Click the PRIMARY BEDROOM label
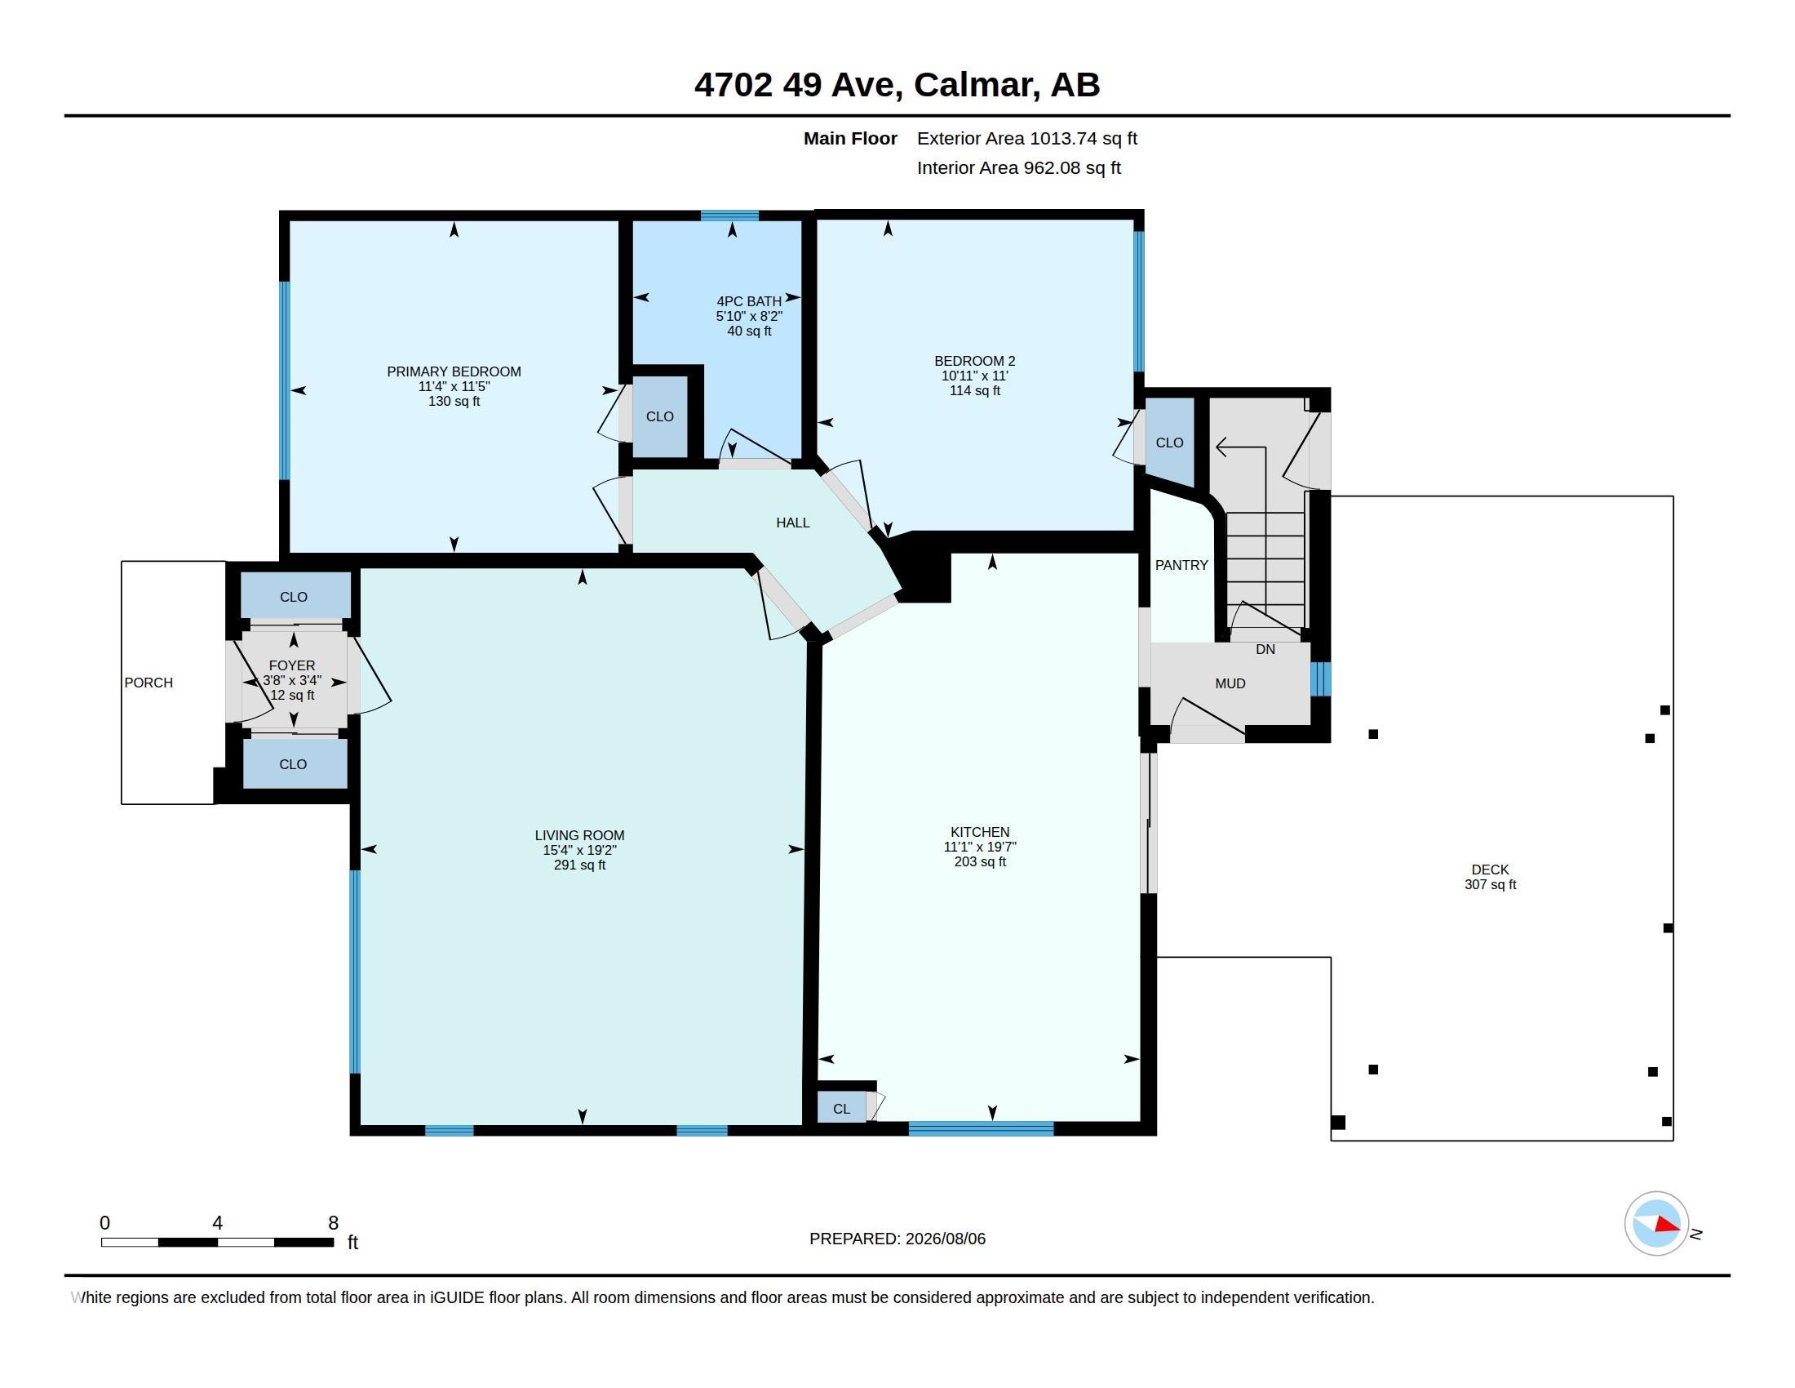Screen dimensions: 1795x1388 [454, 371]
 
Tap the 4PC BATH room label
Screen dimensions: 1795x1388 [749, 302]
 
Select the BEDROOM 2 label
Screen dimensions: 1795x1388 [975, 361]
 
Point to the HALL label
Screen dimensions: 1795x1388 [793, 523]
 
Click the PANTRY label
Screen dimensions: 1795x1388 [1181, 566]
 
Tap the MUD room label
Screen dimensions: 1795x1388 [1230, 684]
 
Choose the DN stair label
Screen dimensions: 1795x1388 [1265, 650]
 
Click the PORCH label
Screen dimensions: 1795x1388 [148, 683]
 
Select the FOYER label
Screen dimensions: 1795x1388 [292, 666]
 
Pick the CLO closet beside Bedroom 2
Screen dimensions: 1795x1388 [1169, 443]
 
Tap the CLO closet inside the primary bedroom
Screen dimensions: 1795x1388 [660, 417]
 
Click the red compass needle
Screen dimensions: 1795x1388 [1668, 1225]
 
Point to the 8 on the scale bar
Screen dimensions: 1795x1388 [334, 1223]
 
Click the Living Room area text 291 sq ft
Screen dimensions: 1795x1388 [580, 865]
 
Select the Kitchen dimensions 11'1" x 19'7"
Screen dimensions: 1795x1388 [980, 847]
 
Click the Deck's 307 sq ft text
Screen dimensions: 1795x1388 [1490, 885]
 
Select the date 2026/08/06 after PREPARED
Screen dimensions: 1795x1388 [945, 1239]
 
